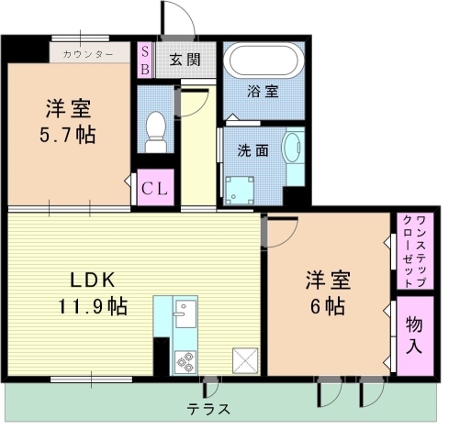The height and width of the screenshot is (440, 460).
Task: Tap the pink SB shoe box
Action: tap(145, 60)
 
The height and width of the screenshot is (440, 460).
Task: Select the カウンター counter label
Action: tap(89, 54)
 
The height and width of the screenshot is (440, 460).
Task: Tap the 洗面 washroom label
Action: tap(251, 150)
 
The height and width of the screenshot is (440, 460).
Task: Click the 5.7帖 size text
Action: tap(69, 135)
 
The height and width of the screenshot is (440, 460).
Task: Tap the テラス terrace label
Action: tap(208, 409)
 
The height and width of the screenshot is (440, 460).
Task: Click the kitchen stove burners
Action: tap(184, 360)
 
